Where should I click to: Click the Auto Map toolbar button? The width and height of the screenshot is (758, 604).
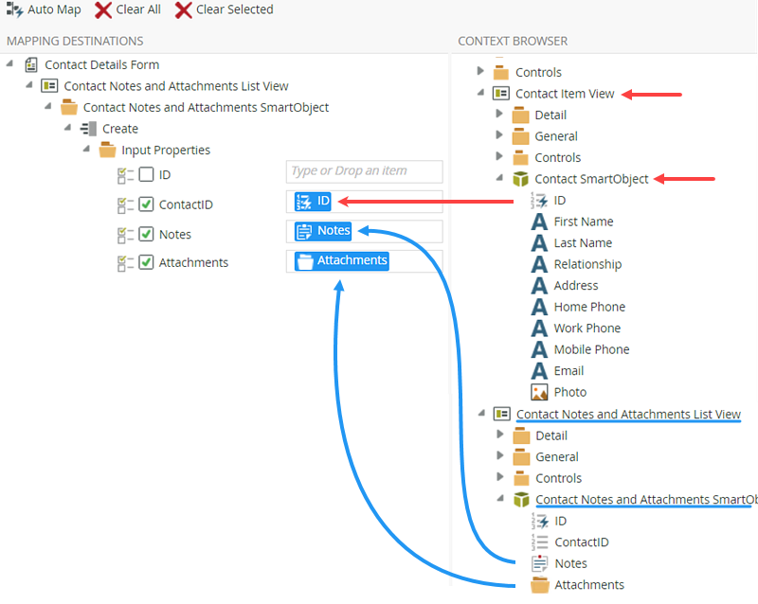click(44, 9)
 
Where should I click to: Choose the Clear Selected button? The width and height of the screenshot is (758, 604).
click(225, 9)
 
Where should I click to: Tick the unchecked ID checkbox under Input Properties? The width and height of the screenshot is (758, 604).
click(146, 174)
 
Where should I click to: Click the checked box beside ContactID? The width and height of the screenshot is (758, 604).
click(146, 204)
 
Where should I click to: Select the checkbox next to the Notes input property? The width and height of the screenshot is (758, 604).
click(146, 235)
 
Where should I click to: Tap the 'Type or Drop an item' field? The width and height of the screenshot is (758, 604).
click(364, 171)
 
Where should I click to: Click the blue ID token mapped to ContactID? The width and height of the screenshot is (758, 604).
click(313, 201)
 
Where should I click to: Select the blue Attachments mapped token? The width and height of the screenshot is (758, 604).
click(342, 261)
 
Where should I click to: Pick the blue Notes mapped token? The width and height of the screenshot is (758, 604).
click(323, 231)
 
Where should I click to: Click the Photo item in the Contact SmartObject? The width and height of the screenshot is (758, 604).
click(570, 392)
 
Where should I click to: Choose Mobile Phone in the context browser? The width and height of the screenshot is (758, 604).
click(591, 349)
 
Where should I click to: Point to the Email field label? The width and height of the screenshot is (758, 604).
click(569, 370)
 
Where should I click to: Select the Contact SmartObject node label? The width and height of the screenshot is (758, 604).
click(591, 179)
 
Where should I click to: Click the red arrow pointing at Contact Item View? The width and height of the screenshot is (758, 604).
click(652, 95)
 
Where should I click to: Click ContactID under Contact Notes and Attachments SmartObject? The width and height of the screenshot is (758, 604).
click(582, 542)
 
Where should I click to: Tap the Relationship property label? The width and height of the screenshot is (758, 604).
click(587, 264)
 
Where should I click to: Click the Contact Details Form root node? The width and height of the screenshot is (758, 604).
click(102, 64)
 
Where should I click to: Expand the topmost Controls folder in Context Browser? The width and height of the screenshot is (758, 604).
click(480, 71)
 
